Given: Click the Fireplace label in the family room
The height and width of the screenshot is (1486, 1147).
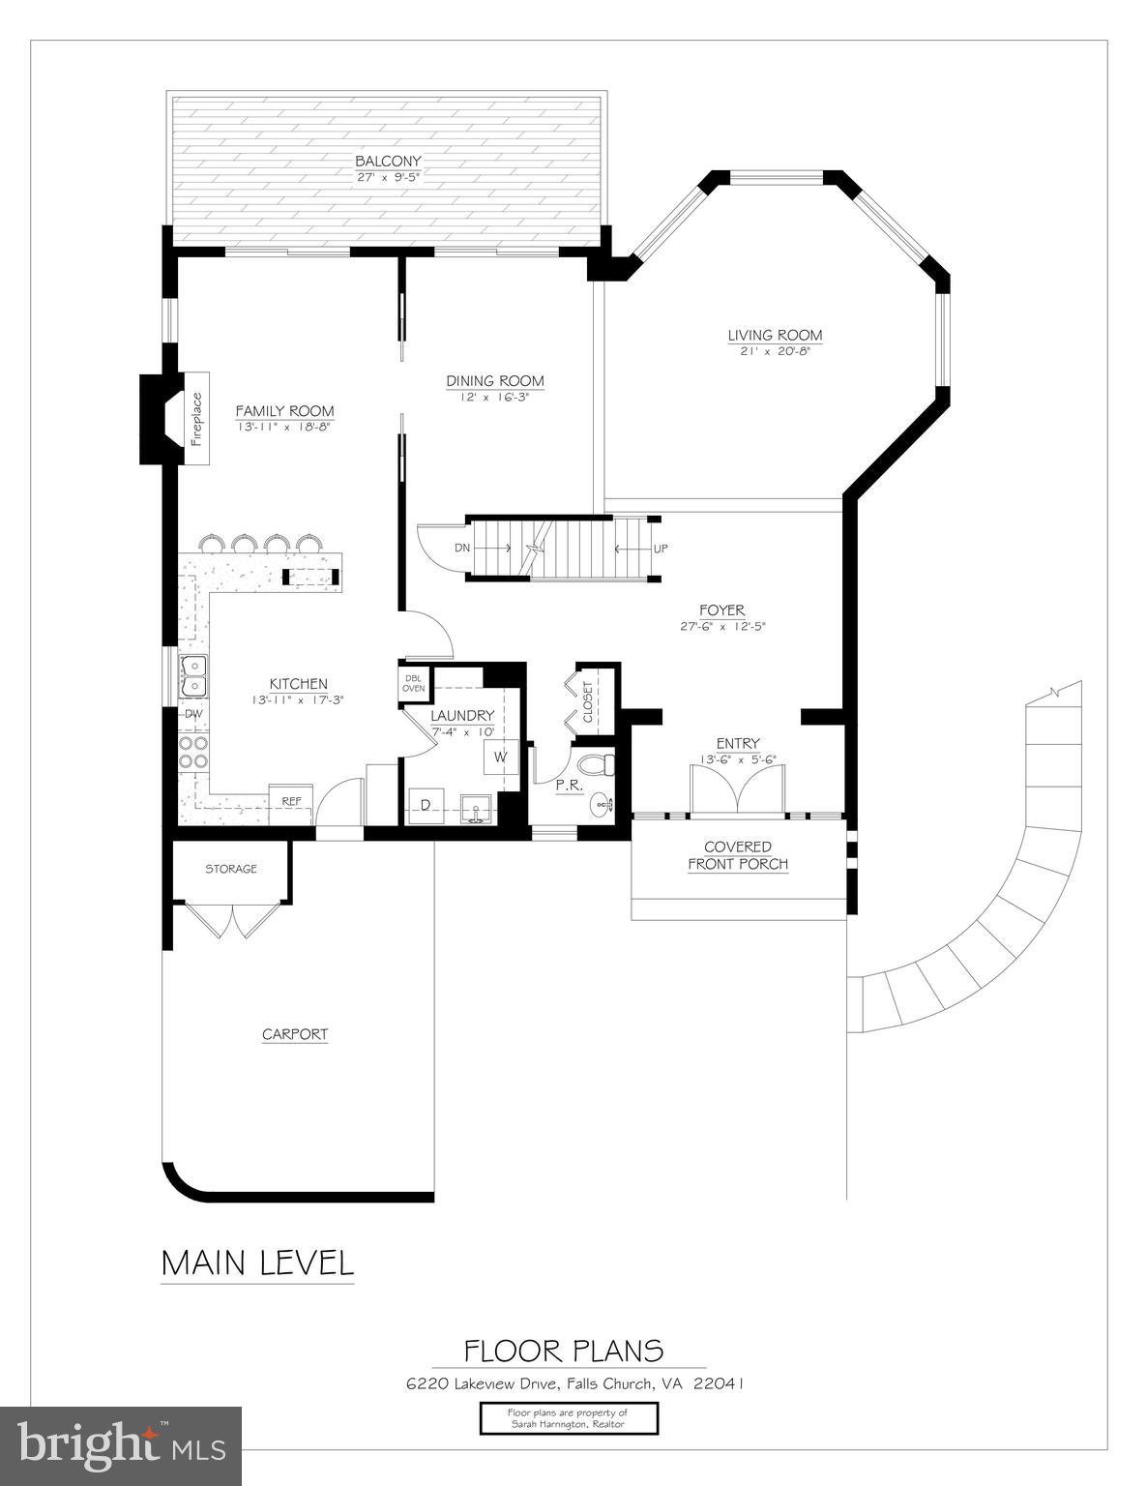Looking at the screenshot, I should pos(197,418).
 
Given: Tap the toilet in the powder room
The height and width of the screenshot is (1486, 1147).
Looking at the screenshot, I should pos(604,764).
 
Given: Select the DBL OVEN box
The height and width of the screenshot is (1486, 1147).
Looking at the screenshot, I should pos(414,683).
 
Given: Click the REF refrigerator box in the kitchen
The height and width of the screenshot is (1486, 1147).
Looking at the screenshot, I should pos(290,801).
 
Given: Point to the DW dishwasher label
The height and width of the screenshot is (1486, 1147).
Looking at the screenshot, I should pos(193,714).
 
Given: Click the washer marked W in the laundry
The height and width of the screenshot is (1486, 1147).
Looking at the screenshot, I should pos(500,757).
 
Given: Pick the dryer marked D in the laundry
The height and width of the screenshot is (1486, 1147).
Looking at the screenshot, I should pos(425,805).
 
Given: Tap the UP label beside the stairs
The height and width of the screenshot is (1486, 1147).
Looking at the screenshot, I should pos(661,549).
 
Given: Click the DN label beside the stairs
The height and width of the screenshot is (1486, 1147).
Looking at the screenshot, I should pos(462,549).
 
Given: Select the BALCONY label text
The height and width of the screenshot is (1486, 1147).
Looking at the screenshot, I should pos(388,161).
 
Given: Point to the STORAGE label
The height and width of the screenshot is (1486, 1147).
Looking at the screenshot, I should pos(231,869).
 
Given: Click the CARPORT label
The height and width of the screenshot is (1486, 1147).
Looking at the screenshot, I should pos(295,1034).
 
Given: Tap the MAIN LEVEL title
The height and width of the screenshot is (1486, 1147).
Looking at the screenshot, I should pos(257,1263).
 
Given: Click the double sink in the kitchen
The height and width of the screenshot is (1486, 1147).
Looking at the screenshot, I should pos(193,675).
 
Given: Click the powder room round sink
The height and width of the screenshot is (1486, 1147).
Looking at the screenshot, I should pos(603,803).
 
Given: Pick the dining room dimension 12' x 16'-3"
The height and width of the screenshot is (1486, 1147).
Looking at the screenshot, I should pos(494,397).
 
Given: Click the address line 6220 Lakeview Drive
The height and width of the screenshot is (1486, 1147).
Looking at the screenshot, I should pos(574,1383).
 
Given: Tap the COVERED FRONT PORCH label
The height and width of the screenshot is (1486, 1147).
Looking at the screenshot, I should pos(738,855).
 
